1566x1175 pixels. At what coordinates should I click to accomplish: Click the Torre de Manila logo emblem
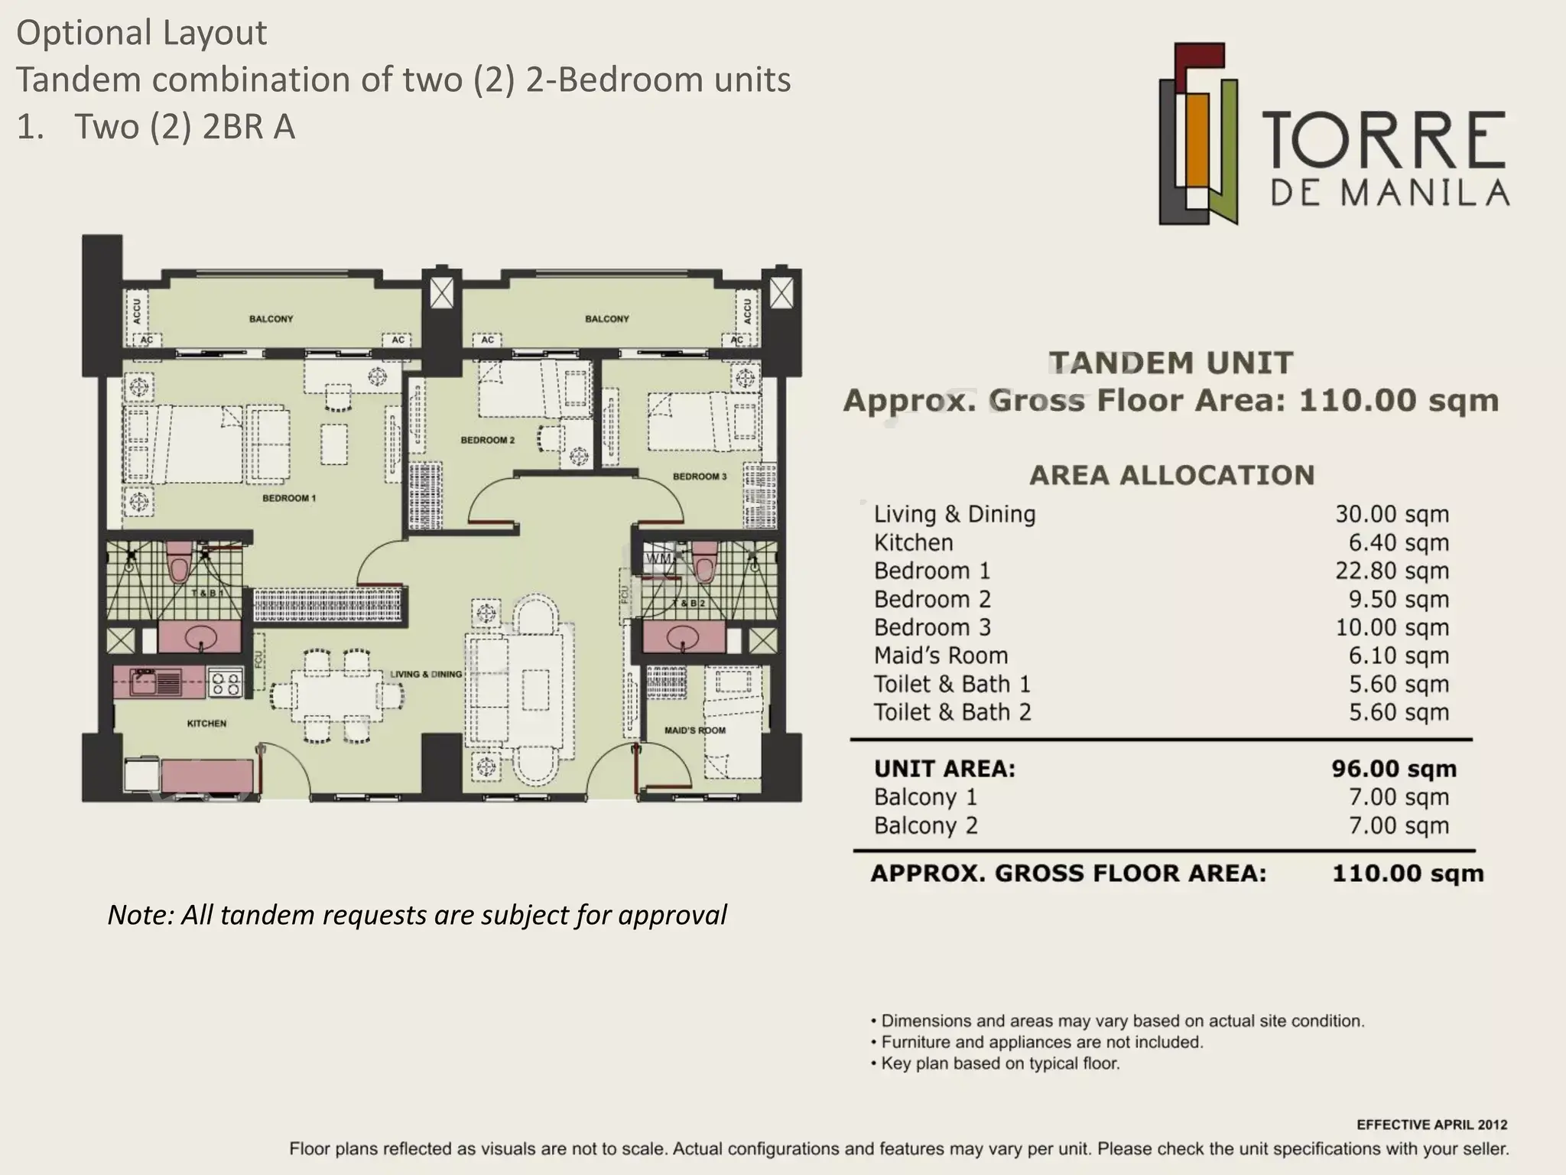point(1197,134)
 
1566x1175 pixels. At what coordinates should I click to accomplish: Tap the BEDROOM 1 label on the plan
point(289,498)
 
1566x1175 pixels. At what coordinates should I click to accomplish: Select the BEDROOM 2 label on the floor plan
point(488,440)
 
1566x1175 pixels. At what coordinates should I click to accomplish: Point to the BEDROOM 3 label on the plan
point(700,477)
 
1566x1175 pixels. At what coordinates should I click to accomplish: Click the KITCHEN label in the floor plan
point(206,723)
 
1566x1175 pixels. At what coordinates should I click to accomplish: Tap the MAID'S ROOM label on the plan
point(695,731)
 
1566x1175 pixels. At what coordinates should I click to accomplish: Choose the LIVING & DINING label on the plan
point(426,674)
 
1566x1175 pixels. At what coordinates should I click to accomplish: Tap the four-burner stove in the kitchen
point(226,682)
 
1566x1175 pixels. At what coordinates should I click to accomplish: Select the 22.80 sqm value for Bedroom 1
point(1392,571)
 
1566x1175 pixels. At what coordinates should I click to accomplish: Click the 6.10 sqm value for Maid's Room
point(1399,656)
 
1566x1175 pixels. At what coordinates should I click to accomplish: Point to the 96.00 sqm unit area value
point(1394,769)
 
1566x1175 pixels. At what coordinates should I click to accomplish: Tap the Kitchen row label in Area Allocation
point(913,543)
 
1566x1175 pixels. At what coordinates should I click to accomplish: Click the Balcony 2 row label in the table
point(925,826)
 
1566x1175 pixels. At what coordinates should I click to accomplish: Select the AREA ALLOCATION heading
point(1171,475)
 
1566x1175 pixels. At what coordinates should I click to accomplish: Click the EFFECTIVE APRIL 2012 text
point(1432,1125)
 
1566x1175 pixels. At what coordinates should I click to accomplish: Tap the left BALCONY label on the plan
point(271,319)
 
